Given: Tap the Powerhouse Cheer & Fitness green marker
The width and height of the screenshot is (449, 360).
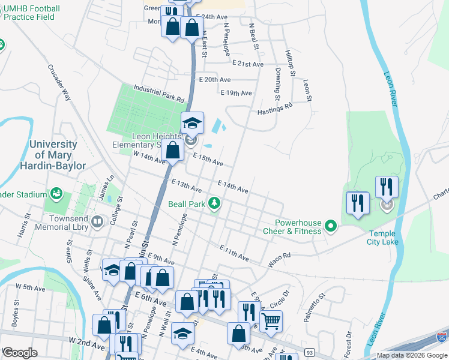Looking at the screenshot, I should click(330, 226).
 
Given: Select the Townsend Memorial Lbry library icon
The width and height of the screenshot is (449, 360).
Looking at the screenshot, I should click(97, 223).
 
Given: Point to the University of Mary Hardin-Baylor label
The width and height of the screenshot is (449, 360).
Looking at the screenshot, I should click(58, 155).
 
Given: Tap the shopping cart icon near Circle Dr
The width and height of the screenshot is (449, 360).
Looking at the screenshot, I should click(271, 322).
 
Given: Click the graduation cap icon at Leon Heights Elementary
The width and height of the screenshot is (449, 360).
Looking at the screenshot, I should click(193, 123).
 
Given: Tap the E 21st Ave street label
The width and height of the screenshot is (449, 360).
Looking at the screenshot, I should click(248, 64).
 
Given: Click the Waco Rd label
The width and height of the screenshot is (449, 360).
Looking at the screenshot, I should click(279, 255).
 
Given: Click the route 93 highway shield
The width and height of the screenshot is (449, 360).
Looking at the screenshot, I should click(309, 351).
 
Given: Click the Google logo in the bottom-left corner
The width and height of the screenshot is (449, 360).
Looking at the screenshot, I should click(19, 353).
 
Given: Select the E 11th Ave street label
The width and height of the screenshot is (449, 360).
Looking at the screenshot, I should click(234, 253).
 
